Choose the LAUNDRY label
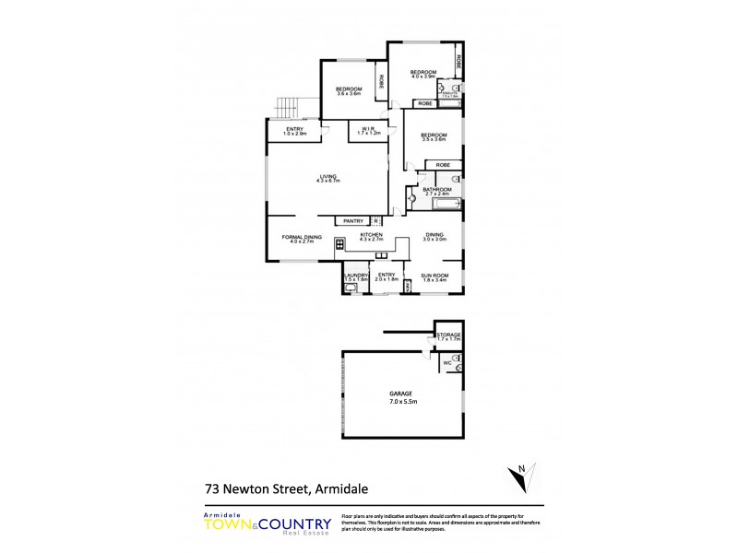(x=356, y=276)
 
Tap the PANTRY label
(x=354, y=221)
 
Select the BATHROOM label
(x=436, y=192)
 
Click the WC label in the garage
(x=446, y=364)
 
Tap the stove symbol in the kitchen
(x=339, y=244)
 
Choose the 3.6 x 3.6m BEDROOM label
(x=349, y=90)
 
